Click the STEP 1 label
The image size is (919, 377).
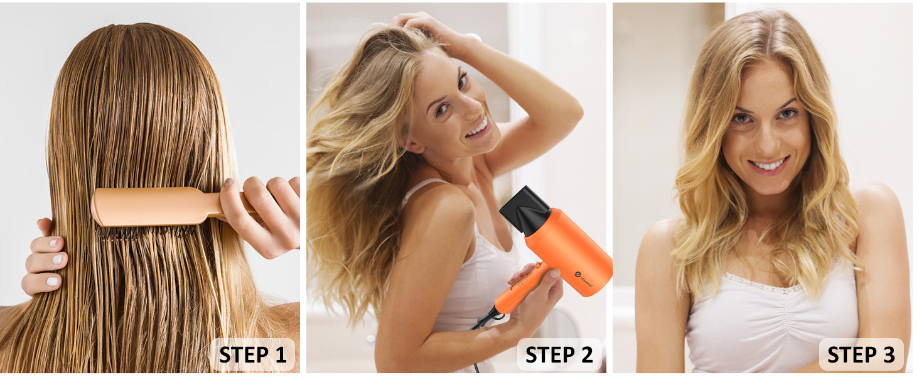click(x=252, y=355)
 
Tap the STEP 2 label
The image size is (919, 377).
click(x=559, y=355)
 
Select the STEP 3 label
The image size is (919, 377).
click(x=861, y=355)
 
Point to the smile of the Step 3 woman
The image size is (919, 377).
click(x=770, y=165)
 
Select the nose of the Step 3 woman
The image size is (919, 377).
click(x=766, y=139)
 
